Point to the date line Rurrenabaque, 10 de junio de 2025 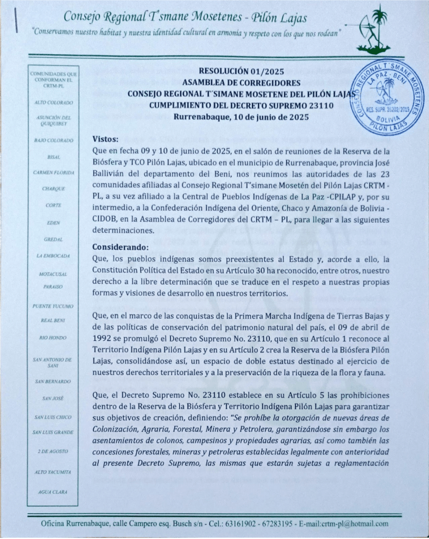tap(240, 117)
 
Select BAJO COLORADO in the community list tap(53, 140)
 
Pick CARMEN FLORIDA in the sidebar tap(53, 172)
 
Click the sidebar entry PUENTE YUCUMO tap(53, 306)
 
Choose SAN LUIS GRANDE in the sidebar tap(53, 433)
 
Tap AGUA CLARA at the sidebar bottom tap(53, 492)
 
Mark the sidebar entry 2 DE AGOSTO tap(53, 452)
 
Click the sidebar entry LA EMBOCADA tap(53, 256)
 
